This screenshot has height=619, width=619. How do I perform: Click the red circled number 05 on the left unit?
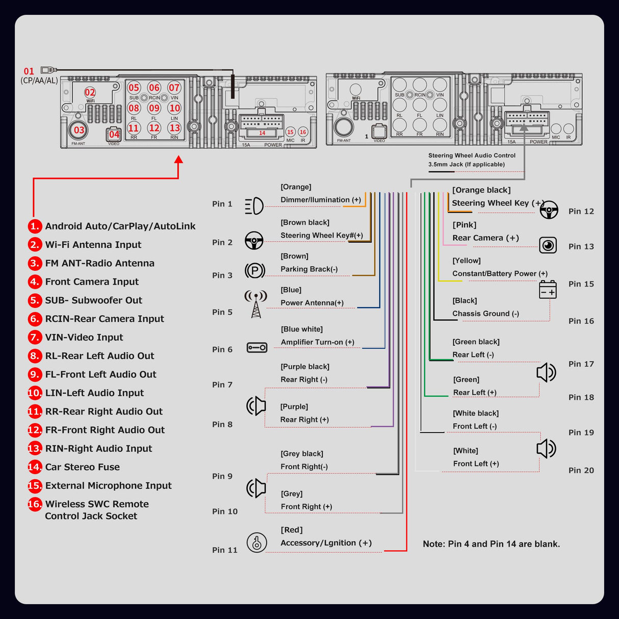134,88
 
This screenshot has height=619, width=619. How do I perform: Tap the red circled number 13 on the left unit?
175,128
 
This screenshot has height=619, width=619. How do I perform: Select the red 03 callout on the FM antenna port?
79,130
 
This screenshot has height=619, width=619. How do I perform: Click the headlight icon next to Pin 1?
254,206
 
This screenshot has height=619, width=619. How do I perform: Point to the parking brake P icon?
255,270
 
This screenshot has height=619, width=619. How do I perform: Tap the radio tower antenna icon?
256,304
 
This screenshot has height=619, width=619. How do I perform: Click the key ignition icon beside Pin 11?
257,543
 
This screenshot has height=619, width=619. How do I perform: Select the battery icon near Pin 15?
548,289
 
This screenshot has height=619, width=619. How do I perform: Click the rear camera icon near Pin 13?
548,245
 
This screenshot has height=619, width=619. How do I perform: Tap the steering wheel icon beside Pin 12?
549,210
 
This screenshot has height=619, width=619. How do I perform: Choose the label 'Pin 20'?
581,471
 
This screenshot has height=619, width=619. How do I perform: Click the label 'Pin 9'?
222,476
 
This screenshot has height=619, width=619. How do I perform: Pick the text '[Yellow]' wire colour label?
467,261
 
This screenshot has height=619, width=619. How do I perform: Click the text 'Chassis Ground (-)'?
485,314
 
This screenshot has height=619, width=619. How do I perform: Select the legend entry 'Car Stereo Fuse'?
83,467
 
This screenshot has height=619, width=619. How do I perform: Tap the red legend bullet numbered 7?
35,338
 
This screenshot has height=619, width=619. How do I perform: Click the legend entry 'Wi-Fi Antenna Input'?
93,245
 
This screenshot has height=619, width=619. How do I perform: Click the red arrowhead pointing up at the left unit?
178,160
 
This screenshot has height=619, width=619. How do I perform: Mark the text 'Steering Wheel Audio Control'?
472,156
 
